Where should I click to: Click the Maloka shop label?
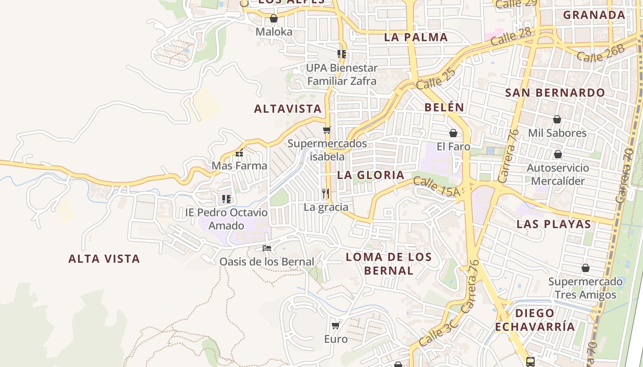tap(274, 32)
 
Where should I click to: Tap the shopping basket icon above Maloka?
tap(274, 18)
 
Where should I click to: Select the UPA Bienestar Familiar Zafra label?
tap(342, 74)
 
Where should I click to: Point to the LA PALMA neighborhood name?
tap(416, 37)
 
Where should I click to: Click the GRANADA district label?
tap(594, 15)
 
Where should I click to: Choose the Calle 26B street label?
tap(601, 54)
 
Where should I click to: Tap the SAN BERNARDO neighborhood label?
tap(555, 93)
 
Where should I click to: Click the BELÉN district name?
tap(444, 107)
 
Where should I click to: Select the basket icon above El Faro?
tap(453, 133)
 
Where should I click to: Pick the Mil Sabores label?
tap(557, 133)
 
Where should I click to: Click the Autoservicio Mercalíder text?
tap(558, 174)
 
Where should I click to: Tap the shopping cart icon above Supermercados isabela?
tap(327, 130)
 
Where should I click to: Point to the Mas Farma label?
tap(239, 166)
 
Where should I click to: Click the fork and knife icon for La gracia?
tap(326, 194)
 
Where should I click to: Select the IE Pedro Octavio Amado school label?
tap(226, 219)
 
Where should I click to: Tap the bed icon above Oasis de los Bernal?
tap(267, 248)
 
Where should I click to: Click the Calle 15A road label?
tap(436, 187)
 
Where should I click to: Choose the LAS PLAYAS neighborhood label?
tap(553, 224)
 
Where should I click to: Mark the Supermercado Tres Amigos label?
tap(585, 288)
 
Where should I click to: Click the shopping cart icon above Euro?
tap(336, 325)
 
